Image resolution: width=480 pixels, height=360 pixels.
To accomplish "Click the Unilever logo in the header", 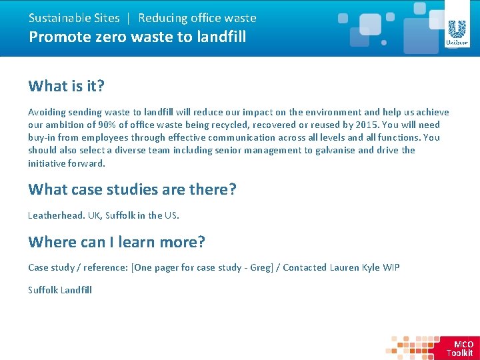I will click(x=457, y=33).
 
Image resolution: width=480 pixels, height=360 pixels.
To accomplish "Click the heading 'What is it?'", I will click(x=67, y=86).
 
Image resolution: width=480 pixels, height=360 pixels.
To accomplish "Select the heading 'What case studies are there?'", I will click(x=132, y=189).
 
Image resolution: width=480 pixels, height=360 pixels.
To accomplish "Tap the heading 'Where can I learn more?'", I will click(x=116, y=242).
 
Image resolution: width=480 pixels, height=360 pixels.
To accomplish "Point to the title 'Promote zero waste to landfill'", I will click(x=137, y=37).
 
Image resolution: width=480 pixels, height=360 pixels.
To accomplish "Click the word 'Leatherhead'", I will click(x=55, y=215).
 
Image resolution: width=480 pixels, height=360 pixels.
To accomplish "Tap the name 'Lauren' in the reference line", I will click(x=345, y=267).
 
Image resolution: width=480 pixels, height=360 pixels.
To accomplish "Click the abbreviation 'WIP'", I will click(x=391, y=267).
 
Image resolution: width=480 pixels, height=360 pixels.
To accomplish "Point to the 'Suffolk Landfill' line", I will click(x=60, y=290).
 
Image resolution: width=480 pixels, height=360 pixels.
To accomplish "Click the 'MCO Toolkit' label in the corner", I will click(x=461, y=349).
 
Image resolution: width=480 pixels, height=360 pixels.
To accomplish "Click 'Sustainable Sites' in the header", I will click(x=73, y=18).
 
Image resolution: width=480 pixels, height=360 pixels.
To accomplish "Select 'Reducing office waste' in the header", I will click(x=197, y=18).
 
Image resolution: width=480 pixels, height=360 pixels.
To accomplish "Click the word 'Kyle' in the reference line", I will click(x=371, y=267).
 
